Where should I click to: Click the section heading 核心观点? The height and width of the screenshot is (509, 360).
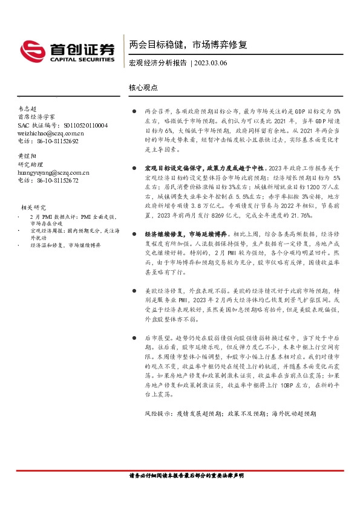(x=143, y=87)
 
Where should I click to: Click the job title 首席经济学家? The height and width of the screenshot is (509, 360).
(x=37, y=117)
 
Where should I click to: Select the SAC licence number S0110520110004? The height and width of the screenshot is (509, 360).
(x=85, y=125)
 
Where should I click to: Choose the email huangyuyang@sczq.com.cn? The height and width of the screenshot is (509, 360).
(x=54, y=172)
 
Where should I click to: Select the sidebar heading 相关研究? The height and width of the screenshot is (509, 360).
(x=33, y=207)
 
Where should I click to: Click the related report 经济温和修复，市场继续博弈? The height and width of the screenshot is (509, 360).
(x=67, y=245)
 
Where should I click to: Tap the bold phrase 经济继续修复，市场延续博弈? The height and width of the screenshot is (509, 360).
(x=185, y=233)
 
